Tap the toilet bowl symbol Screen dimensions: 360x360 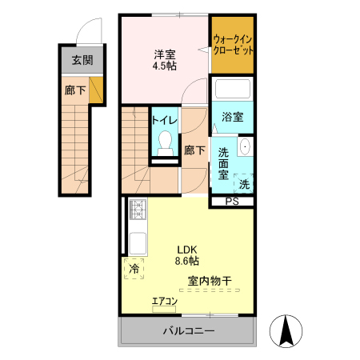click(166, 142)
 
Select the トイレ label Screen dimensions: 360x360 click(165, 120)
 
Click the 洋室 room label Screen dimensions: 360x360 click(166, 55)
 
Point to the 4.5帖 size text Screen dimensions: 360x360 click(166, 67)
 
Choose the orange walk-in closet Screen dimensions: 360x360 click(233, 44)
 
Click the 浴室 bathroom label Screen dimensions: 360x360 click(233, 117)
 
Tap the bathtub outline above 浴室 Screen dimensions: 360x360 click(234, 90)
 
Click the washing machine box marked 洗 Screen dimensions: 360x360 click(244, 184)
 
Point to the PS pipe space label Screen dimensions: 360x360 click(231, 202)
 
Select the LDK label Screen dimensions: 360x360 click(187, 248)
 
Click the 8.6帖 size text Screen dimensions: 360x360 click(187, 260)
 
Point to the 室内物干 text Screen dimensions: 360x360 click(210, 281)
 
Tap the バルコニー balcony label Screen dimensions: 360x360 click(188, 330)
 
